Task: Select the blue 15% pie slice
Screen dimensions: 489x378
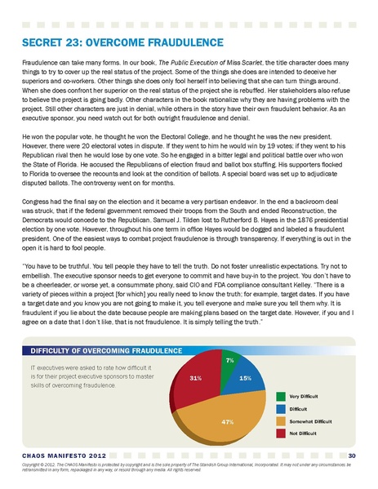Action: click(244, 379)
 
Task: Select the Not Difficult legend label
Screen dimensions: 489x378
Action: click(310, 431)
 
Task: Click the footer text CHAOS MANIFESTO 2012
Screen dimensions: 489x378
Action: click(53, 455)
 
